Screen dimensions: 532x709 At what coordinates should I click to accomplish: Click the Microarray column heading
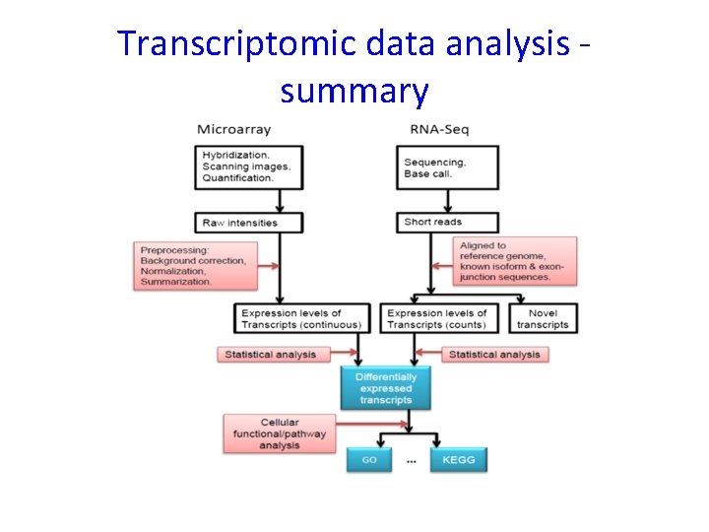pos(233,129)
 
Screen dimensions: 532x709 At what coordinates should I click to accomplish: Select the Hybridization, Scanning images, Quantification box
pos(250,166)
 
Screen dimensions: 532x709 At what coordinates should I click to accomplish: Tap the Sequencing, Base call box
pos(448,167)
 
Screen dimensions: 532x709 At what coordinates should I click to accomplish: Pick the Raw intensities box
pos(250,222)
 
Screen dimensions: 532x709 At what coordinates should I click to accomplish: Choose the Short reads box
pos(448,222)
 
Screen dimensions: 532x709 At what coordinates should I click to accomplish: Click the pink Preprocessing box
pos(196,266)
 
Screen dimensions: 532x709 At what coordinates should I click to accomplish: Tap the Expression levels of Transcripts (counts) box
pos(439,318)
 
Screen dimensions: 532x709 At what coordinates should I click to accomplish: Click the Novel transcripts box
pos(543,318)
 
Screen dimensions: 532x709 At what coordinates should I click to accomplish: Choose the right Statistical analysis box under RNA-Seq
pos(494,354)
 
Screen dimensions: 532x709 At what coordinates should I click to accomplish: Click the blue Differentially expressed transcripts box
pos(386,388)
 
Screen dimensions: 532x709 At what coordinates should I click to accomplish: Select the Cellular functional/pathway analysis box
pos(280,433)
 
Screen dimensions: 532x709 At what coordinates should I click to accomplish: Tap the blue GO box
pos(369,459)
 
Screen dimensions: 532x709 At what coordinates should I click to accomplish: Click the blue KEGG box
pos(458,459)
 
